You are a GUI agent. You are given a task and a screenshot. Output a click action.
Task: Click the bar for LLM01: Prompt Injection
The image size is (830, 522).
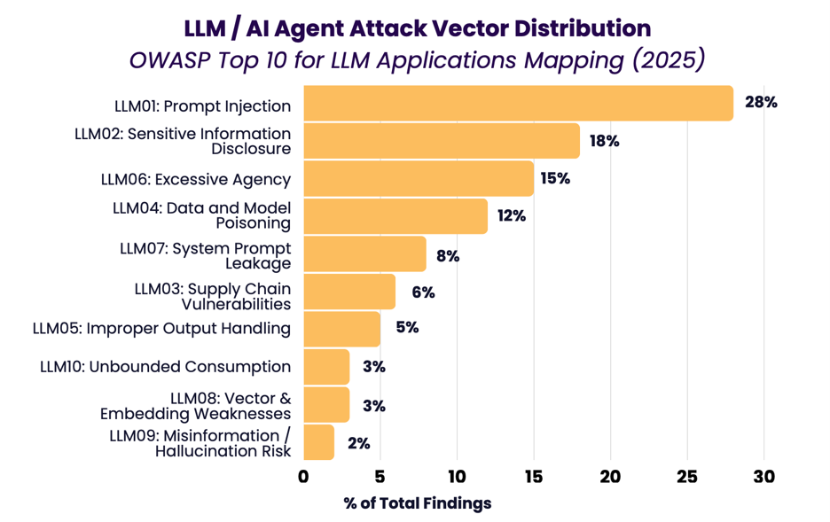(x=518, y=103)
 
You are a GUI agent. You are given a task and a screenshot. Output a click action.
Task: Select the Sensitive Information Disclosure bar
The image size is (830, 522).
(x=442, y=141)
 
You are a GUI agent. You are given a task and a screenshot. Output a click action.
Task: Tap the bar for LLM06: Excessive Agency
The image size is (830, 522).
(x=419, y=178)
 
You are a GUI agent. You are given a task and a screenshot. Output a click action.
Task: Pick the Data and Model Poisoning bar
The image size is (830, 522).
(x=395, y=215)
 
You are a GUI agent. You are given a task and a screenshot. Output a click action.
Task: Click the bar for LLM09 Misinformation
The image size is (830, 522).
(x=318, y=442)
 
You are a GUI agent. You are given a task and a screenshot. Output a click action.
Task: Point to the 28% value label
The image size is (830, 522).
(x=761, y=102)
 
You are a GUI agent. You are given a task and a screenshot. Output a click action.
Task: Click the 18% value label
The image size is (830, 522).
(x=605, y=141)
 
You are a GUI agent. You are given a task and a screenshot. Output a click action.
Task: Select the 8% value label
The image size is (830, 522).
(x=448, y=256)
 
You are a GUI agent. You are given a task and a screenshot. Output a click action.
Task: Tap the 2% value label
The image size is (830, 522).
(x=359, y=443)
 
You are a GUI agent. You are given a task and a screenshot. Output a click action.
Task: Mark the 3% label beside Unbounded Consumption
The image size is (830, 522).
(x=373, y=367)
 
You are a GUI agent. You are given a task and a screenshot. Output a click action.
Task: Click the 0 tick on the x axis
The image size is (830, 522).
(x=303, y=477)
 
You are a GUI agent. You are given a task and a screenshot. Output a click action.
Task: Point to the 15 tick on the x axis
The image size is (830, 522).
(x=534, y=477)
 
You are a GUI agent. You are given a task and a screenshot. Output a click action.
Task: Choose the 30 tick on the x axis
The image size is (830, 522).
(x=763, y=477)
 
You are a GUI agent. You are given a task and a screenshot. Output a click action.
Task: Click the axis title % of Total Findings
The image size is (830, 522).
(x=418, y=503)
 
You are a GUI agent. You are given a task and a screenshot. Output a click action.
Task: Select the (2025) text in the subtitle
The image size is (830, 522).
(x=669, y=59)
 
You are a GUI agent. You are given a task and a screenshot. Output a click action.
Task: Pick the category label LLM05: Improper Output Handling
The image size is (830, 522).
(x=161, y=329)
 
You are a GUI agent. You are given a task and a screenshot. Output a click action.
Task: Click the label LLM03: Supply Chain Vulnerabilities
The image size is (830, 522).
(x=213, y=296)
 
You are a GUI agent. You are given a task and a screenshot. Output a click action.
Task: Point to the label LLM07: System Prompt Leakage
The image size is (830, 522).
(x=206, y=255)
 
